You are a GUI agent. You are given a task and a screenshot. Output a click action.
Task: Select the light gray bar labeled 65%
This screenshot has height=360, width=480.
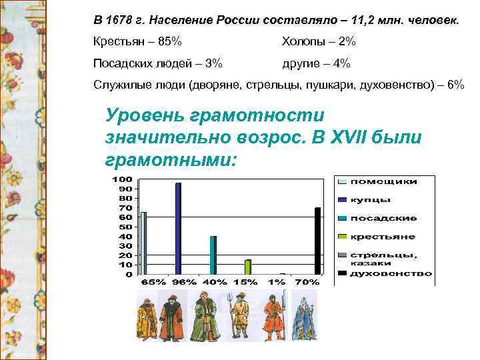(x=143, y=243)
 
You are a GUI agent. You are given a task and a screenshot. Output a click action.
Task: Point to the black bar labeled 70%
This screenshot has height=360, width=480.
(x=317, y=241)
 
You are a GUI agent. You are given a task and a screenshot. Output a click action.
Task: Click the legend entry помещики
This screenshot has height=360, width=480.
(x=383, y=181)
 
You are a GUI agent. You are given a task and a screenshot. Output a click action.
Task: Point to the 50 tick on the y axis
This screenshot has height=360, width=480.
(x=126, y=227)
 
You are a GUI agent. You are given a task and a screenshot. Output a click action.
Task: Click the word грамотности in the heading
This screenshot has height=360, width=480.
(x=253, y=115)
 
